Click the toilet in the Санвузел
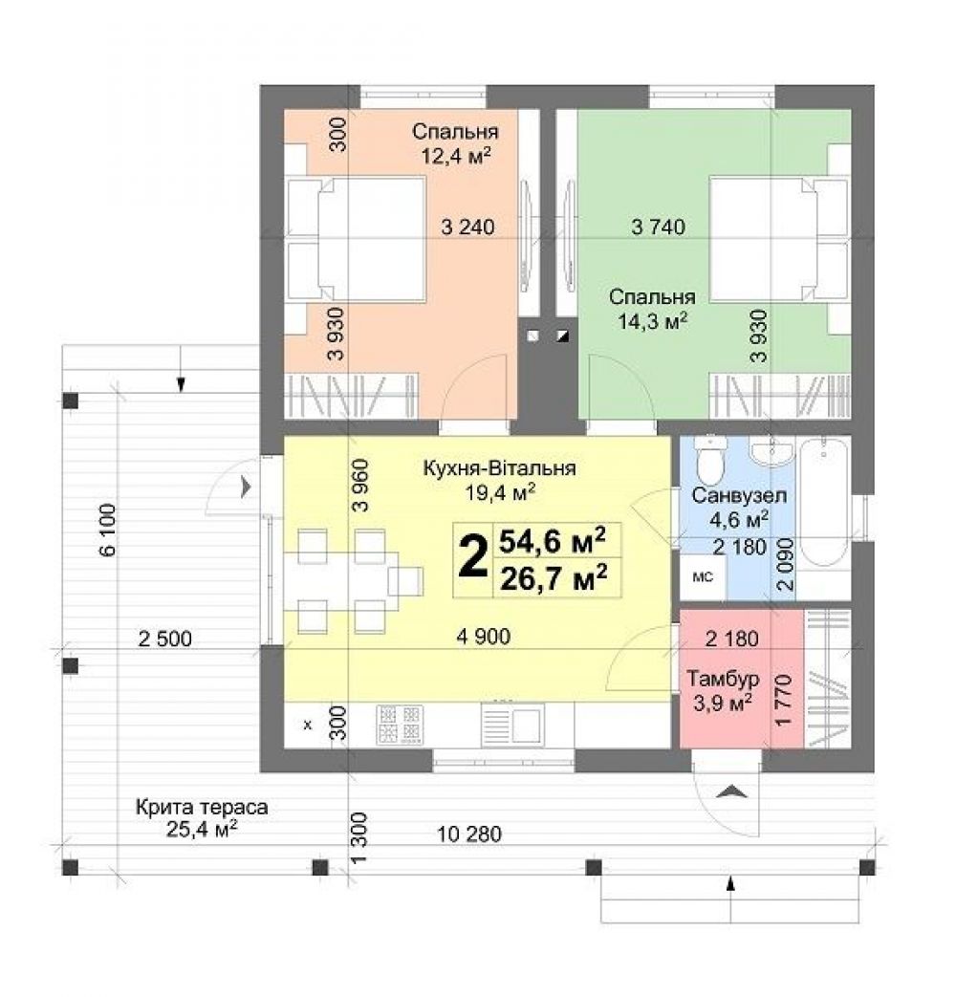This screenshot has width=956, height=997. pos(710,459)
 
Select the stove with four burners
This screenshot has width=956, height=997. pos(400,725)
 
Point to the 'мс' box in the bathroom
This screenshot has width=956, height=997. pos(703,577)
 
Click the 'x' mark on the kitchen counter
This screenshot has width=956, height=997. pos(308,725)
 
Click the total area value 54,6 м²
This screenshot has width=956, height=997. pos(553,541)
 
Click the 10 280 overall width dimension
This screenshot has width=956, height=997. pos(470,834)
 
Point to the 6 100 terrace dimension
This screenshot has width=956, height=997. pos(107,530)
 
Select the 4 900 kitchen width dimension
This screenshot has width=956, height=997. pos(484,636)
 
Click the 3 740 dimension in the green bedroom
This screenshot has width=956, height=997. pos(659,227)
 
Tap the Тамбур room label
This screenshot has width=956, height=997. pos(723,679)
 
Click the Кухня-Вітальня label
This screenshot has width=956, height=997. pos(499,468)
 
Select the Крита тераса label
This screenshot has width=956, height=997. pos(202,808)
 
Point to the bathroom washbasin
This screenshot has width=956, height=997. pos(771,452)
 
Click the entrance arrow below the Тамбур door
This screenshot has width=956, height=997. pos(731,791)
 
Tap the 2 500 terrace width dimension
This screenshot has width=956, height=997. pos(164,639)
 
